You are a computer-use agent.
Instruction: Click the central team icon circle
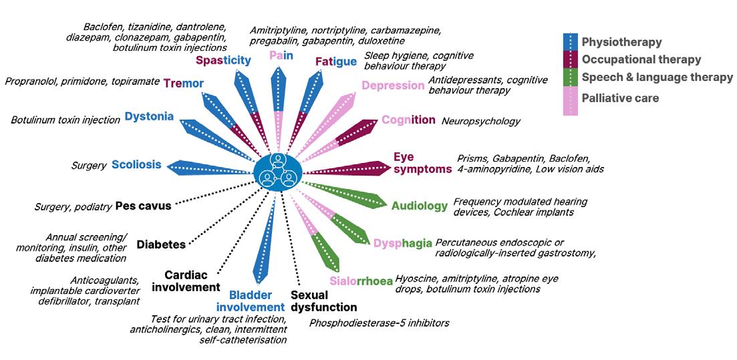278,170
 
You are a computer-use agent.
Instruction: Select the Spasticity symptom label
223,61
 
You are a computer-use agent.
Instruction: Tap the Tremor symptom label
184,83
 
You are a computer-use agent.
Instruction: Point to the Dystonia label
149,117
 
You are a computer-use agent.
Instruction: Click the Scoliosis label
136,164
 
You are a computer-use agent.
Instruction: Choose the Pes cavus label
143,206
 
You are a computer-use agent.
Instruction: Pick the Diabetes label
161,244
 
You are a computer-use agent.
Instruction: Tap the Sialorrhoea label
361,281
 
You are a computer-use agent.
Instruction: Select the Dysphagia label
403,243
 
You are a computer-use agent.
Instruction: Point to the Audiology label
420,206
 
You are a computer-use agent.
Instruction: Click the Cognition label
408,120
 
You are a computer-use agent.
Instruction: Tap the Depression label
392,85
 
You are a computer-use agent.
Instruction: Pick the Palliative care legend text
620,98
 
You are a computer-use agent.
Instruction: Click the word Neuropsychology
480,122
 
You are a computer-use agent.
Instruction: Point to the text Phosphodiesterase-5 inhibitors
379,323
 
